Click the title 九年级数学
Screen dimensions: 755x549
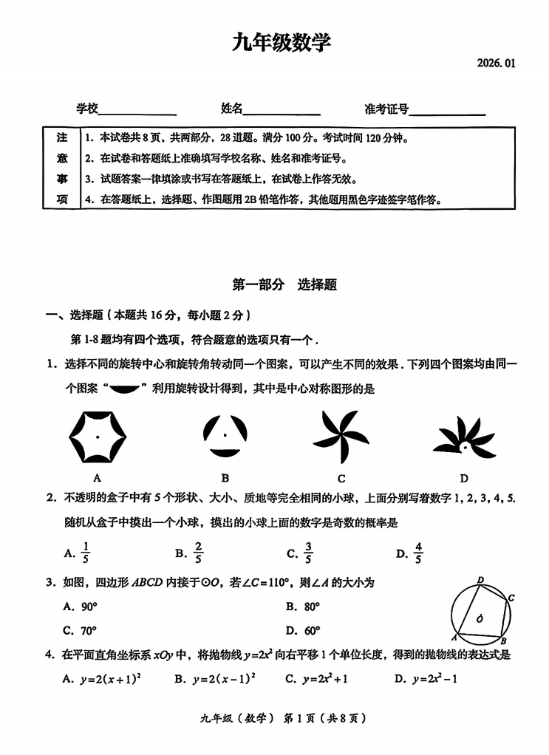(x=282, y=44)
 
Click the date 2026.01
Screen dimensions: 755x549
(x=496, y=64)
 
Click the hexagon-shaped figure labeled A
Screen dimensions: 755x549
(x=98, y=437)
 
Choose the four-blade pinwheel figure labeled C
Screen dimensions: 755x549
(x=341, y=437)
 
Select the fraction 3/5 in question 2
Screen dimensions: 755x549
(x=308, y=553)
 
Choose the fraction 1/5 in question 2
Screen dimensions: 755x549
(x=86, y=553)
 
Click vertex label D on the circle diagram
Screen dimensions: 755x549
(x=480, y=581)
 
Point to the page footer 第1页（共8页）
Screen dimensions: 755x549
(x=326, y=717)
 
